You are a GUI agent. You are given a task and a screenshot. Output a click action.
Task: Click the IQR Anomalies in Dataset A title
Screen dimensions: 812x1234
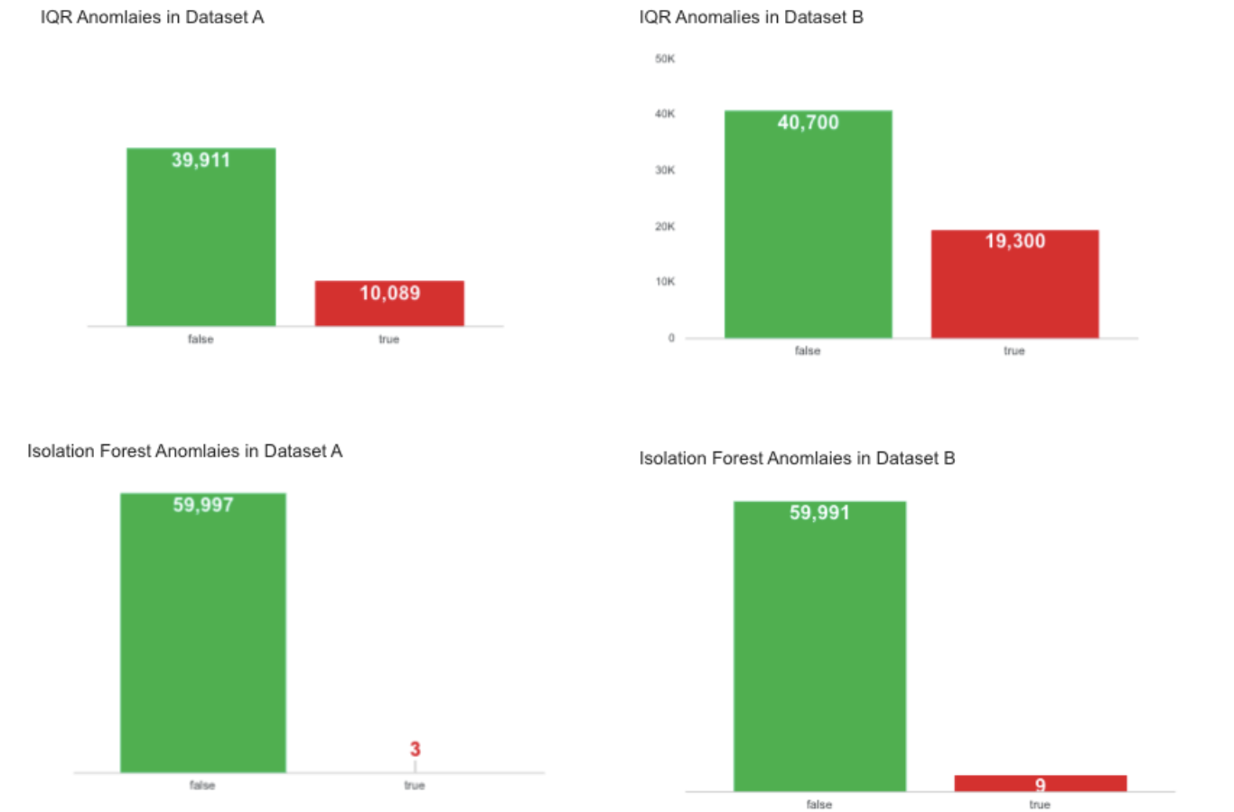coord(152,17)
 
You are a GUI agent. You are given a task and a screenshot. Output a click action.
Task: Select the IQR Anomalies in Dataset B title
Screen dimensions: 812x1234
coord(751,17)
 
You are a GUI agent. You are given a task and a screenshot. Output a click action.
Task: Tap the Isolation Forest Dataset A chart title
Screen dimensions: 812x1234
coord(184,451)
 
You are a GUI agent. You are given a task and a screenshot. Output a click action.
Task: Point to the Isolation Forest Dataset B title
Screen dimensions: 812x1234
coord(797,458)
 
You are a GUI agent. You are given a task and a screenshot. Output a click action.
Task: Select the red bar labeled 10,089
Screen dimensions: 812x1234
coord(389,303)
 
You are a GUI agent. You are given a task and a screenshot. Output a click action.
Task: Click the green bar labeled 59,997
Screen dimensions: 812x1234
coord(203,632)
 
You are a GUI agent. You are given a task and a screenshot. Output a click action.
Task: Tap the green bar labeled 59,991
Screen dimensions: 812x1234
coord(819,646)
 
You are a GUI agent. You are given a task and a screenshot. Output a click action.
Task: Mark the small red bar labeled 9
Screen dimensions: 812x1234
coord(1040,783)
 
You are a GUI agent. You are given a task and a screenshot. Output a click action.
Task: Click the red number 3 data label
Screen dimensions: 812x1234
coord(415,749)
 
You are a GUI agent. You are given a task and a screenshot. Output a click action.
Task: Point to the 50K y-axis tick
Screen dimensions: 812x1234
coord(665,59)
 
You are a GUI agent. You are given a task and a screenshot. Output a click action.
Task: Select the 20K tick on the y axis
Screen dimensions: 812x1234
coord(665,227)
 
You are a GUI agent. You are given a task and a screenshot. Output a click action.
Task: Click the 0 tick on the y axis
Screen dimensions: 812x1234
coord(671,338)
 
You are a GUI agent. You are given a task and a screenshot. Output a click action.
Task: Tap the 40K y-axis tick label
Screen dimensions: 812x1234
coord(665,114)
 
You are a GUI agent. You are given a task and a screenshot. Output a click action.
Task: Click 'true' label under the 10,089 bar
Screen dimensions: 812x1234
coord(388,340)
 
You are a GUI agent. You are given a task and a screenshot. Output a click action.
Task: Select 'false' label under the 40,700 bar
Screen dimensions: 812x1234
coord(808,350)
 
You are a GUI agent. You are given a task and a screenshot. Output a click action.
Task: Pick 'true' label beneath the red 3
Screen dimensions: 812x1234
coord(414,785)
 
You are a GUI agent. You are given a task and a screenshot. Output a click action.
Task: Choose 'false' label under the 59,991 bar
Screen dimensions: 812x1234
coord(818,804)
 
